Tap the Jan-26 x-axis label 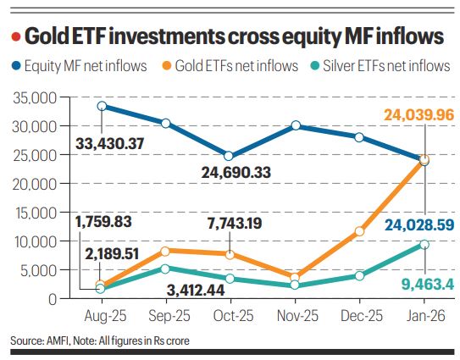[424, 317]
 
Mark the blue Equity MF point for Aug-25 [101, 106]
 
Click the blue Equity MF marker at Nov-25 [296, 125]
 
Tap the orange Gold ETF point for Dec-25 [360, 230]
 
